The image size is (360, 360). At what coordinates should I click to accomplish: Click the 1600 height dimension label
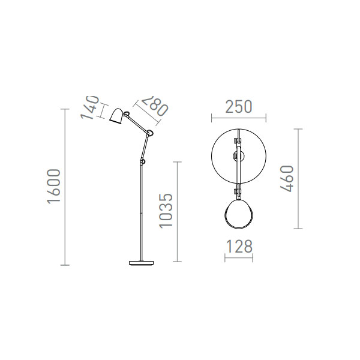click(x=54, y=186)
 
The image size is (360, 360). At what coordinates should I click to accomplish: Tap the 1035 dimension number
click(x=166, y=211)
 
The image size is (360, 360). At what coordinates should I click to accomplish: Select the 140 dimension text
click(x=90, y=107)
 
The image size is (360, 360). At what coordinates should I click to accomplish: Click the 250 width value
click(x=239, y=107)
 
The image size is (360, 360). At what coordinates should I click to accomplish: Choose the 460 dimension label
click(x=287, y=179)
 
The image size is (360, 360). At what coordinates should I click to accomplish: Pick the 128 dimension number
click(x=239, y=247)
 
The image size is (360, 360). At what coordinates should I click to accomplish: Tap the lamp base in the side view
click(x=141, y=263)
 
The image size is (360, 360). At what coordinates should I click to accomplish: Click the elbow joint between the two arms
click(x=150, y=133)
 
